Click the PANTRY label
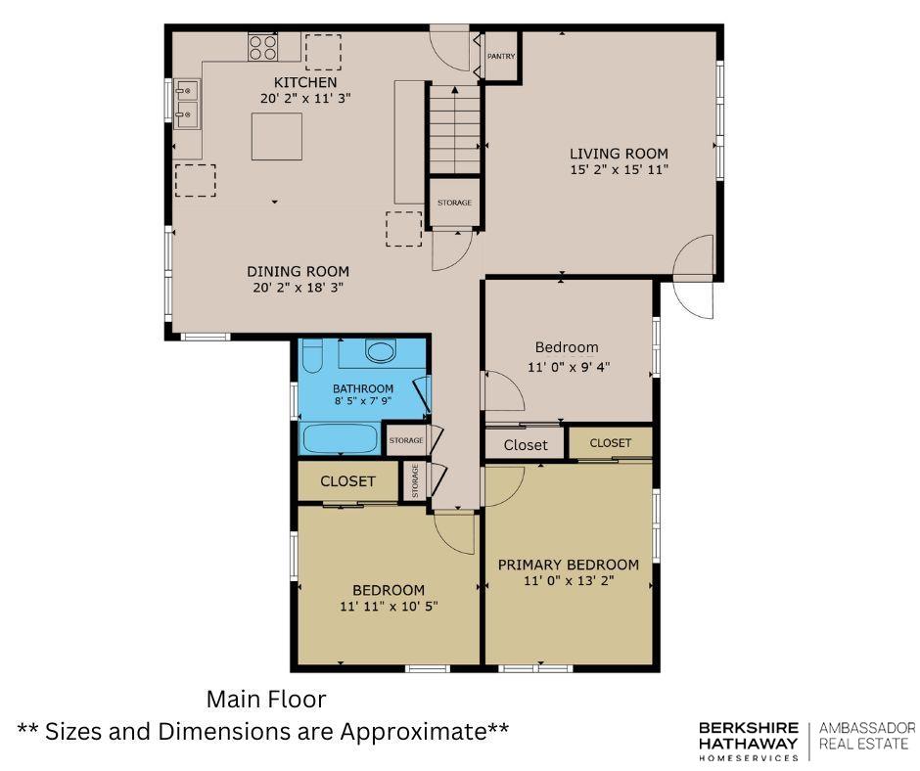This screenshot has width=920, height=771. point(501,57)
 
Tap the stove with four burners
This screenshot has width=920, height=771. point(262,48)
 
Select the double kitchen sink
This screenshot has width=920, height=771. point(187,105)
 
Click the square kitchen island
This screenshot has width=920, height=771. point(277,137)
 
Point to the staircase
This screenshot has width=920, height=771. point(455,129)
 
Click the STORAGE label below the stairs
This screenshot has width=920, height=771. point(455,203)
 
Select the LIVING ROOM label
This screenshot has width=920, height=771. point(619,154)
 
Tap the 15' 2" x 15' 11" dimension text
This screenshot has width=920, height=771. point(620,170)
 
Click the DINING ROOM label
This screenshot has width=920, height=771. point(299,272)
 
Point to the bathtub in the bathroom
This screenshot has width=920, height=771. point(341,438)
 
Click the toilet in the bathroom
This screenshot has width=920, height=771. point(313,355)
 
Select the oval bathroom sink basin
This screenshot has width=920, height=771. point(381,351)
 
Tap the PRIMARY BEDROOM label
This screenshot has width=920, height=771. point(569,566)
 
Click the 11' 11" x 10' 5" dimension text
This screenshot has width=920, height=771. point(389,606)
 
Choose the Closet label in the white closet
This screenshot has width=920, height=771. point(526,445)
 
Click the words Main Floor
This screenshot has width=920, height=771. point(266,700)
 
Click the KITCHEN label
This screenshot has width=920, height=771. point(305,83)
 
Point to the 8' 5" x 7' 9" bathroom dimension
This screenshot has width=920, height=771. point(363,401)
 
